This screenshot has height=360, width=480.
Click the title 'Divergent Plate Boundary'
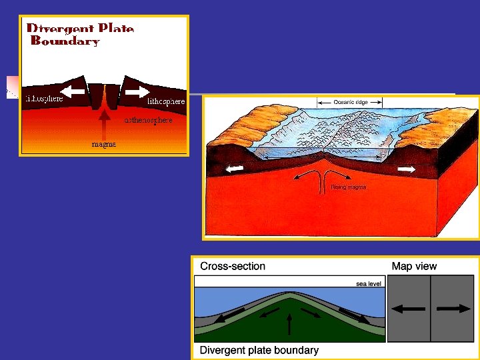(80, 35)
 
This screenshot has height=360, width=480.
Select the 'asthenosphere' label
(149, 120)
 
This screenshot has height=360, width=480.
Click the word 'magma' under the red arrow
(103, 144)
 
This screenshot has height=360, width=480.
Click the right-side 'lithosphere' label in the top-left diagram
(165, 101)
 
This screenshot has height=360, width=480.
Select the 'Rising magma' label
(348, 187)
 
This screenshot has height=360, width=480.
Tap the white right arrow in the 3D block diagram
(406, 170)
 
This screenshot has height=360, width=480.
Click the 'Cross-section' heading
(233, 266)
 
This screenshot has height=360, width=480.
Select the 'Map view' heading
(414, 266)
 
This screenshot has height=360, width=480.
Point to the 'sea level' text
(369, 283)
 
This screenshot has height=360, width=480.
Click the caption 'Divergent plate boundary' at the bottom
(259, 350)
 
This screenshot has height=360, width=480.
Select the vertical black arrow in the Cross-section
(289, 324)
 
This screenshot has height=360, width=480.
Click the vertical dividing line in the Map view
(431, 309)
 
